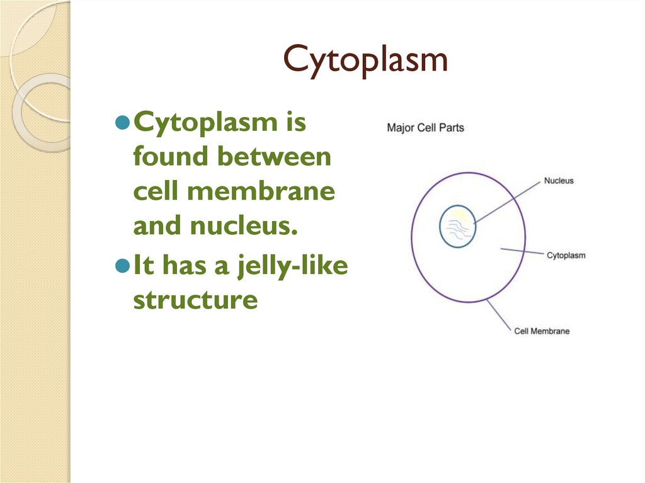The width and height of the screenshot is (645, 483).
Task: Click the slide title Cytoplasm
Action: [x=365, y=60]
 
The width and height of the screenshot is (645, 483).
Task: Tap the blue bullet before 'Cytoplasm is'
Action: [x=123, y=122]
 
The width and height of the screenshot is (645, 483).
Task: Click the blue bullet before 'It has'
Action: [x=123, y=266]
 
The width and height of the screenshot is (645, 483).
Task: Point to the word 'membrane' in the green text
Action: [x=261, y=191]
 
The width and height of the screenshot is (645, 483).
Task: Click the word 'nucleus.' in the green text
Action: [x=244, y=225]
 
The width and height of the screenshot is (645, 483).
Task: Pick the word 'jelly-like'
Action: [x=293, y=266]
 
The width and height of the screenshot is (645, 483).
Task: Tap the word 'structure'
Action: [x=195, y=300]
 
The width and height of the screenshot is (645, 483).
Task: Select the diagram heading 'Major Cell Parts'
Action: [x=425, y=128]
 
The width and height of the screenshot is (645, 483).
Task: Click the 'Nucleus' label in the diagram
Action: [x=559, y=181]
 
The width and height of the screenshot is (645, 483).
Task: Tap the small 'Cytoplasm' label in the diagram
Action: [x=566, y=256]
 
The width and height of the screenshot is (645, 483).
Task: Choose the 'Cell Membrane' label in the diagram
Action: [x=542, y=331]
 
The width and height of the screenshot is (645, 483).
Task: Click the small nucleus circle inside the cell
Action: [x=440, y=226]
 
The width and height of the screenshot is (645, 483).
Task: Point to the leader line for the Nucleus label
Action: [x=507, y=202]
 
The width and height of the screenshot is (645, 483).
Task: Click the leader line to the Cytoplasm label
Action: [x=522, y=251]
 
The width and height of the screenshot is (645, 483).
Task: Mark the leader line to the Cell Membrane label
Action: [x=499, y=315]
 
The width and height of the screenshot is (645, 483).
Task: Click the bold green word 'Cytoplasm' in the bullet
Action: [x=206, y=122]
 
